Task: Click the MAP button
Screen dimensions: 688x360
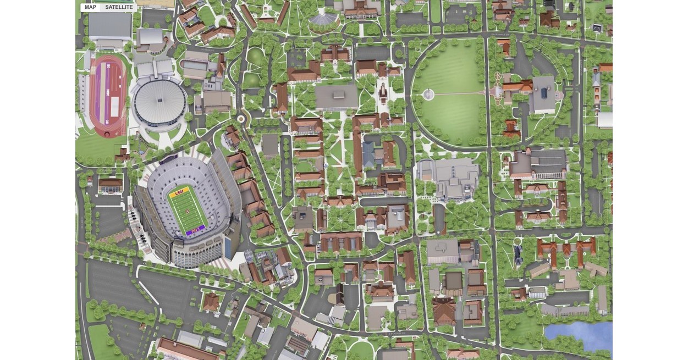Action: (x=90, y=7)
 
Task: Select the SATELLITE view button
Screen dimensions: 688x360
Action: (x=119, y=7)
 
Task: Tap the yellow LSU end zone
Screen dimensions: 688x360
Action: (x=179, y=193)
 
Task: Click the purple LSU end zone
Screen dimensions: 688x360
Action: (x=195, y=231)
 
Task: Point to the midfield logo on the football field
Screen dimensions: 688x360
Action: (x=187, y=212)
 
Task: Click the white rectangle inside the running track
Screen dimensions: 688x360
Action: (x=114, y=108)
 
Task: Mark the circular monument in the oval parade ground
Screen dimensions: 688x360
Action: (x=428, y=95)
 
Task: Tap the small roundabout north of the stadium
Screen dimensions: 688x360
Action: (x=240, y=118)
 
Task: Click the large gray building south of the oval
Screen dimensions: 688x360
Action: (x=449, y=179)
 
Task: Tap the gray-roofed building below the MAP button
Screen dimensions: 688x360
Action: (x=109, y=25)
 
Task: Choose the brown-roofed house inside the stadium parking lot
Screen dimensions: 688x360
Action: (x=211, y=302)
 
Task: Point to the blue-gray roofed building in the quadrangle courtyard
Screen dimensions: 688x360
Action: (x=368, y=155)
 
